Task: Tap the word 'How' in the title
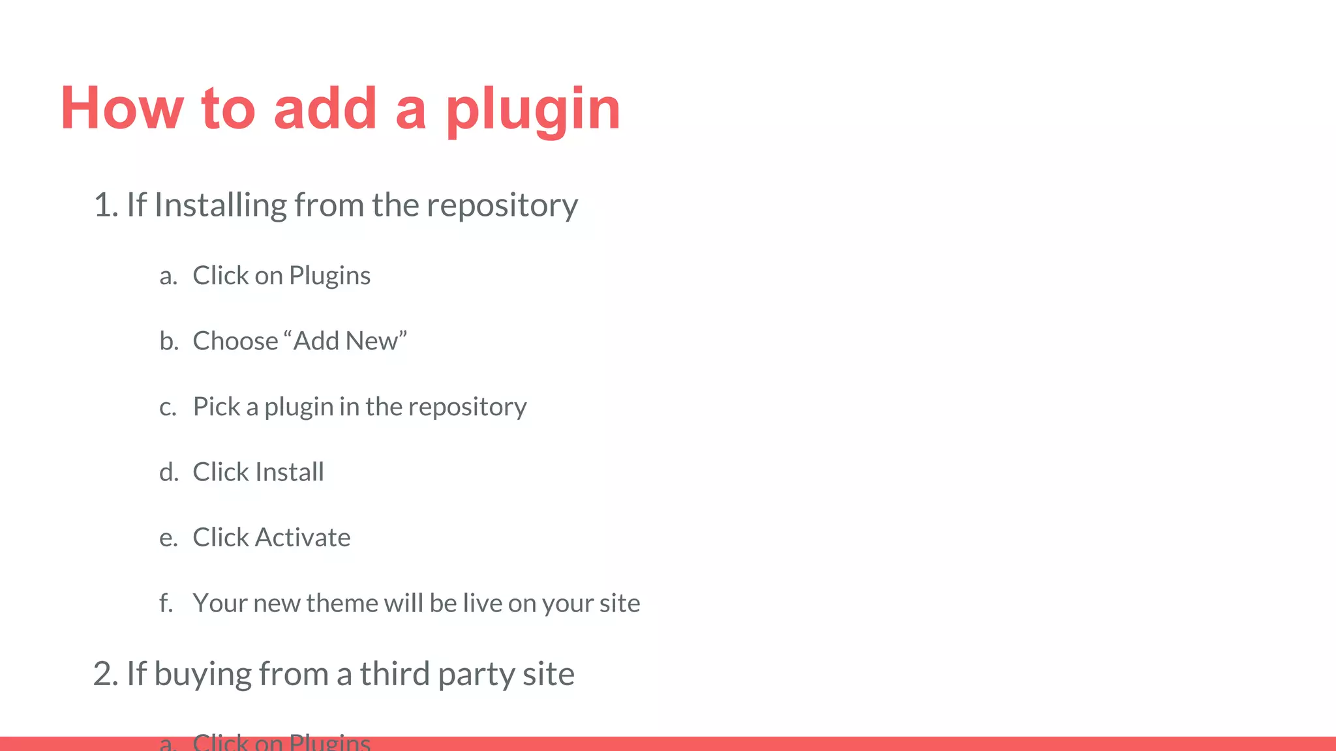122,108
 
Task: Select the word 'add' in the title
325,108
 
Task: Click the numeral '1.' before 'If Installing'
106,205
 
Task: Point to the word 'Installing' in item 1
220,205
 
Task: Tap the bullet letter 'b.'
169,341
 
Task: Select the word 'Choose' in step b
235,341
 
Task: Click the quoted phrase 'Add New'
346,341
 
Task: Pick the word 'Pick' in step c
217,407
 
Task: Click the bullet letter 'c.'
168,407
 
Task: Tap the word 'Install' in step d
290,472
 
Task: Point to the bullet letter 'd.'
169,472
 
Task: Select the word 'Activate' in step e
303,538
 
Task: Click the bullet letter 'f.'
166,603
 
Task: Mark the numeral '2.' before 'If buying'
106,674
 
